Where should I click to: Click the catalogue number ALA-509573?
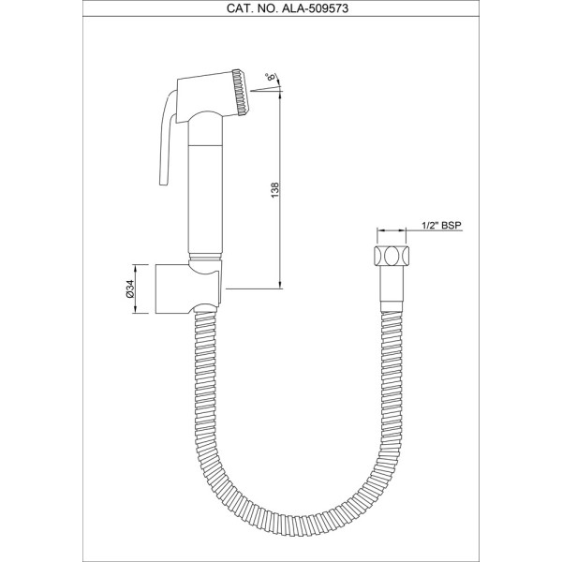[315, 8]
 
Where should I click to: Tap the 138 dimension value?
[274, 190]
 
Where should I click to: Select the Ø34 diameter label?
[130, 288]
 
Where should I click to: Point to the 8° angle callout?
[271, 77]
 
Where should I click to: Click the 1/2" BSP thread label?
[441, 226]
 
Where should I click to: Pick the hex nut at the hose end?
[391, 256]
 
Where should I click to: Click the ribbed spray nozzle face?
[241, 92]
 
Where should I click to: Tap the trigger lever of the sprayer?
[167, 139]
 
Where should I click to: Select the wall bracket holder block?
[188, 288]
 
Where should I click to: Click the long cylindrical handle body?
[206, 184]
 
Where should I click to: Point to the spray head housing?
[207, 97]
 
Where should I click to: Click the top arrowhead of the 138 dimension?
[280, 95]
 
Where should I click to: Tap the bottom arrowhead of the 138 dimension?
[280, 285]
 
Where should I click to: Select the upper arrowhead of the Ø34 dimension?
[136, 268]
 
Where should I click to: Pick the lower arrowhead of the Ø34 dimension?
[136, 310]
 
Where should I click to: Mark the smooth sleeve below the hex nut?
[392, 288]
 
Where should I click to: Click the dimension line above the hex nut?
[391, 230]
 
